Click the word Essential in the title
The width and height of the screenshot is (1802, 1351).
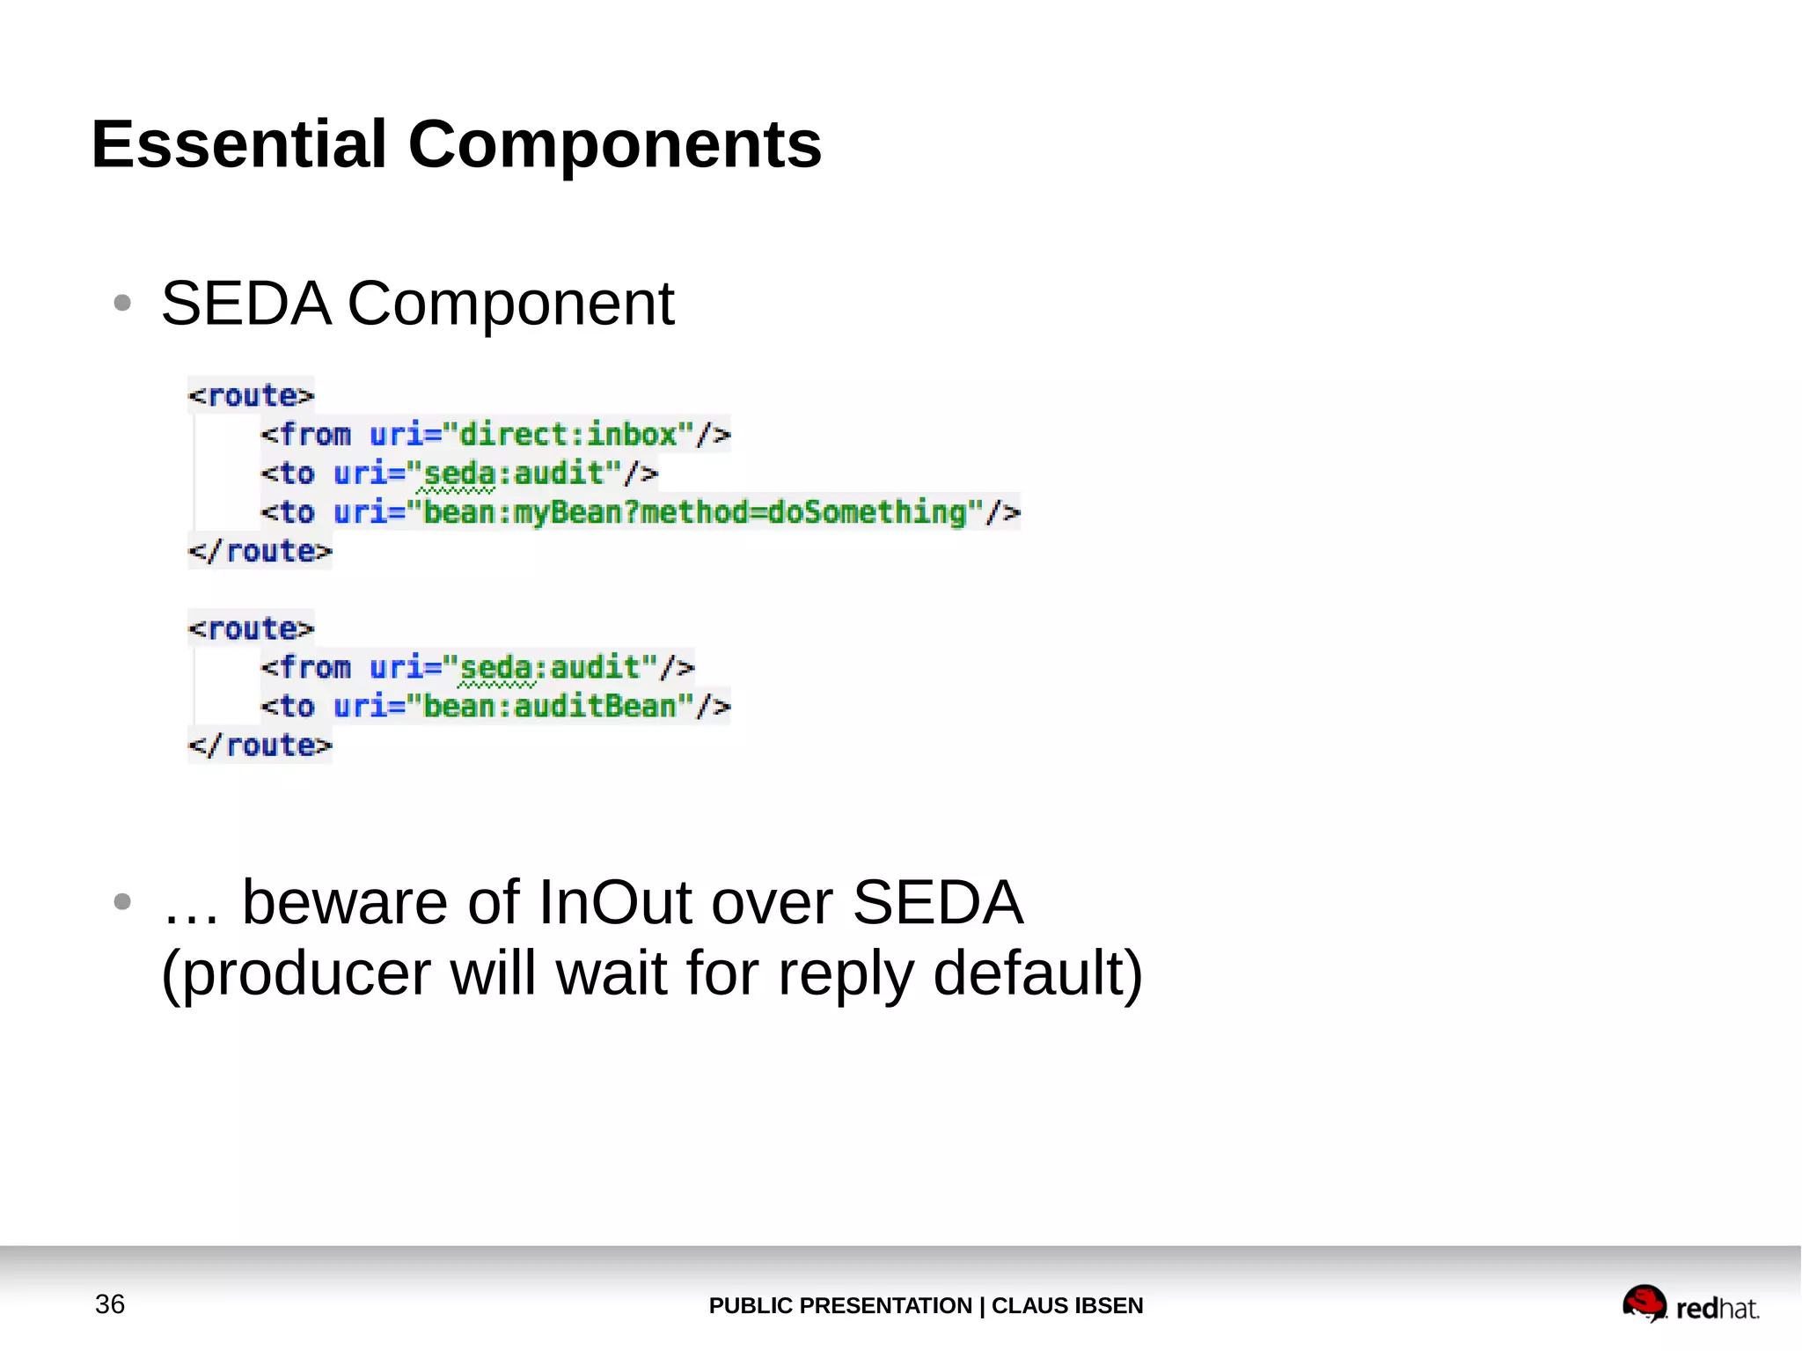coord(238,144)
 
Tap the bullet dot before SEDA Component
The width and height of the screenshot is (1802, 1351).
coord(122,304)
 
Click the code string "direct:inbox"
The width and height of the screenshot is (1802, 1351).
coord(568,435)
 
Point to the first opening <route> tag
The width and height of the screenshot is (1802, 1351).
coord(251,396)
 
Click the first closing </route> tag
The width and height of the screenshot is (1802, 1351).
coord(260,552)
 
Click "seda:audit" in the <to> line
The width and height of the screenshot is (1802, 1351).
coord(515,474)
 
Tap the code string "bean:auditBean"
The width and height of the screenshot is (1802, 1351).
coord(550,707)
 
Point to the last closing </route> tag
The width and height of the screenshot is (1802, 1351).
coord(260,746)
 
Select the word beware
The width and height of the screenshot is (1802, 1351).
coord(344,902)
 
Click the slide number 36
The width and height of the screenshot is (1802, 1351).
coord(110,1304)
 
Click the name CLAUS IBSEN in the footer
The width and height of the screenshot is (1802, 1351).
coord(1066,1305)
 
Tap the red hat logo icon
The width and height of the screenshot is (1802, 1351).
coord(1644,1303)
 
